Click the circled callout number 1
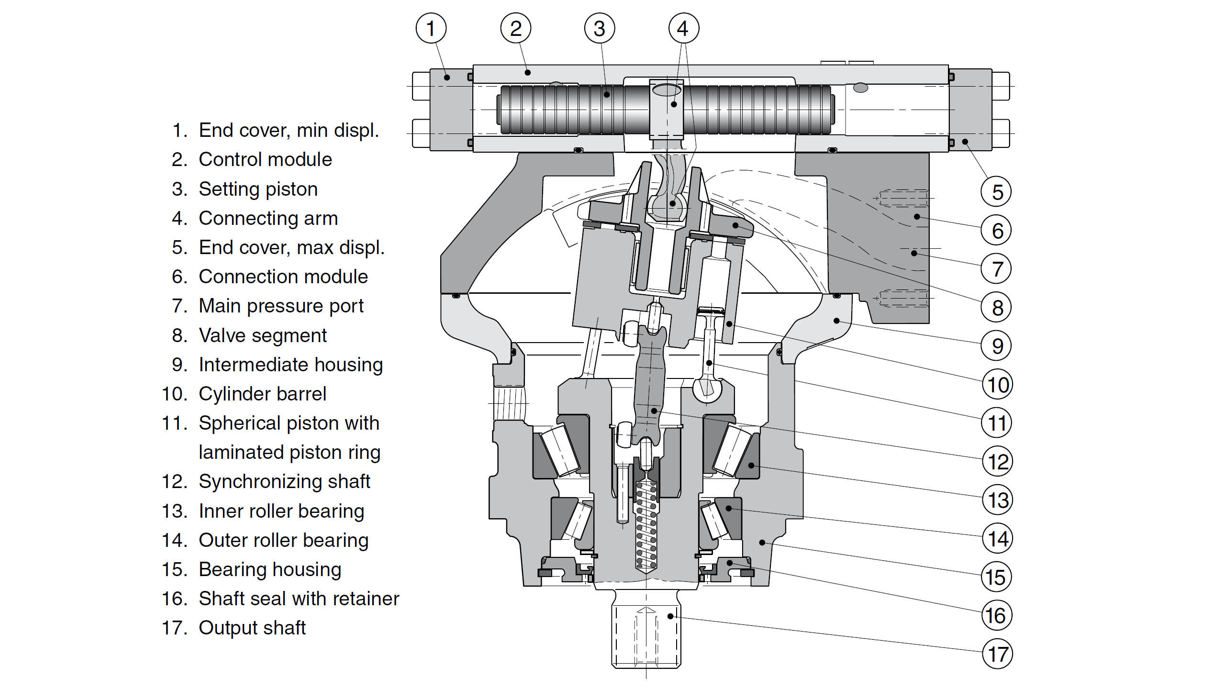point(431,28)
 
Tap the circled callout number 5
point(997,192)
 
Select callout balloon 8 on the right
point(997,307)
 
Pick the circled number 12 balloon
point(998,462)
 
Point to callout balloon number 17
point(998,654)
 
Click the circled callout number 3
point(599,28)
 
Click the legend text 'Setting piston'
point(258,189)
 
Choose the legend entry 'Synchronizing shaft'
point(284,481)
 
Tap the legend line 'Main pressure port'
point(281,306)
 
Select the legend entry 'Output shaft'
point(252,628)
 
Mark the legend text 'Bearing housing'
point(270,569)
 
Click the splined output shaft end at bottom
point(646,636)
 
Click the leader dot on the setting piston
point(607,95)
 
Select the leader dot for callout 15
point(762,542)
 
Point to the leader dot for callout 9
point(836,321)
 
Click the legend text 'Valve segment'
point(263,335)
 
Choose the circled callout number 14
point(998,539)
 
